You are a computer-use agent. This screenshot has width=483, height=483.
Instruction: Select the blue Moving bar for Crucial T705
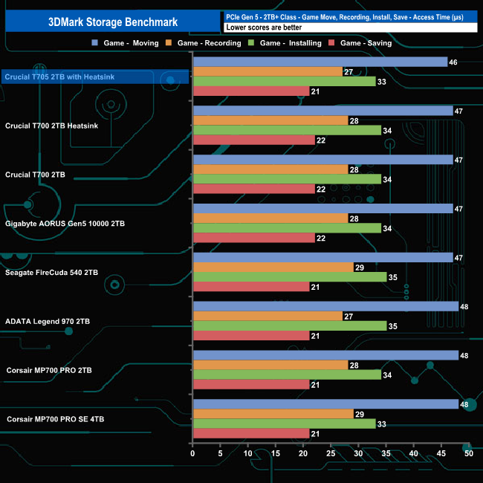click(320, 62)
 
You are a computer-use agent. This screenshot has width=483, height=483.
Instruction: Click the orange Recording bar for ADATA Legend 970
click(268, 316)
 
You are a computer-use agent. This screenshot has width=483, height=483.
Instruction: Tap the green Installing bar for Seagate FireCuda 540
click(290, 276)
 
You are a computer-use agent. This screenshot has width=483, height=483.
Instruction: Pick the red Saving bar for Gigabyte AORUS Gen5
click(253, 238)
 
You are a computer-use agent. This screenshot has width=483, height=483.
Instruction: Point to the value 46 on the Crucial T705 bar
click(453, 62)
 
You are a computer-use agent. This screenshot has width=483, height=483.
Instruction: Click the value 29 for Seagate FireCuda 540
click(360, 267)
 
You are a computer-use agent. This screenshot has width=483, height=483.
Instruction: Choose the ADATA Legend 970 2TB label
click(49, 321)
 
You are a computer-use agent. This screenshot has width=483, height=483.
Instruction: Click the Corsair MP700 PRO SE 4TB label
click(56, 419)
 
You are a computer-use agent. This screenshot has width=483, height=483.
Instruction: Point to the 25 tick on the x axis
click(331, 453)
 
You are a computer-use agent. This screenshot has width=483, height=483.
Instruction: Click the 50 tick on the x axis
click(468, 453)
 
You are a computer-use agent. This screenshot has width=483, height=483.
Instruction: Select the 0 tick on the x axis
click(193, 453)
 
